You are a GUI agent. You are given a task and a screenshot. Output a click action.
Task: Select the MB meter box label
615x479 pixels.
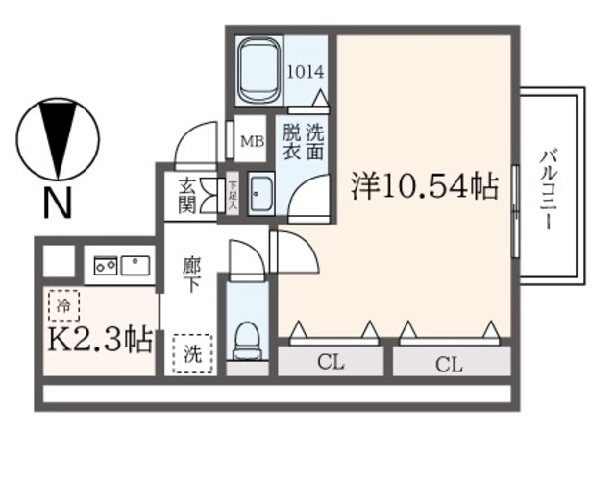tap(252, 142)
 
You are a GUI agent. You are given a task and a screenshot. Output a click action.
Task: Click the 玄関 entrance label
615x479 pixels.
tap(186, 194)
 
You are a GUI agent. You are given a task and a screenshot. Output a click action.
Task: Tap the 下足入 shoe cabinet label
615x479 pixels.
tap(233, 195)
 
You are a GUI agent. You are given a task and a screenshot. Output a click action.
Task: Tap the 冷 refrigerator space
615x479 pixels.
tap(63, 308)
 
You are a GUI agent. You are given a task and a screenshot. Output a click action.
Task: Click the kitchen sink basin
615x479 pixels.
tap(136, 263)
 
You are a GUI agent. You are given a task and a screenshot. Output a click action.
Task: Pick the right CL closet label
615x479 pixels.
tap(449, 364)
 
